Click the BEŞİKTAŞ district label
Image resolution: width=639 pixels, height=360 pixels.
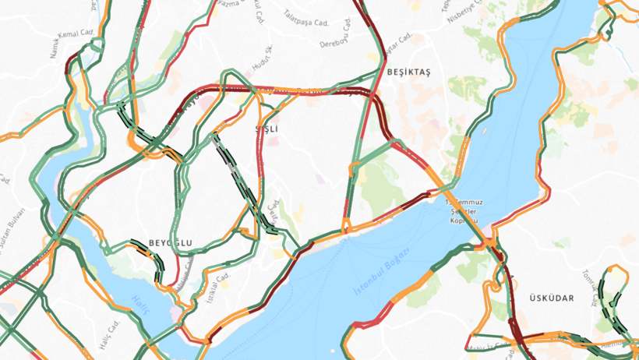(x=408, y=72)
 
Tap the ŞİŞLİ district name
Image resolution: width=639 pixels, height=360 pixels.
(x=267, y=129)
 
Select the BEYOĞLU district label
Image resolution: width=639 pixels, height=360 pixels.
(x=170, y=243)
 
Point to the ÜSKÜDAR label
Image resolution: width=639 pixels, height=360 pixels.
(x=551, y=298)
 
